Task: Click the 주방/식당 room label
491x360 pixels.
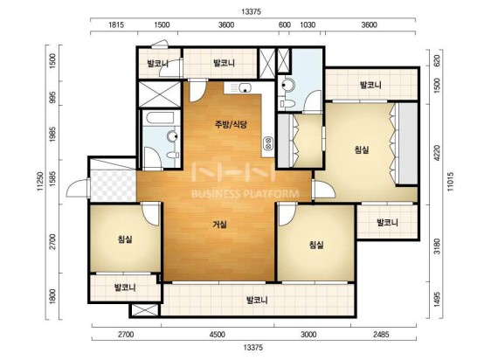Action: [231, 124]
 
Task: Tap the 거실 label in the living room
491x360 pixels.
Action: [219, 225]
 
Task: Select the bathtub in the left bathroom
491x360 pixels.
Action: [160, 118]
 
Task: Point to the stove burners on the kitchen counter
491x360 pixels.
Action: [268, 144]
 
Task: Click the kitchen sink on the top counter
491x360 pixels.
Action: [245, 87]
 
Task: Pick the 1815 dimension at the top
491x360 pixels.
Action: [116, 24]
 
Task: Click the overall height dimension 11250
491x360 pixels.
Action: [40, 182]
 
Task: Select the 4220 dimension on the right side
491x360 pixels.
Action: [437, 153]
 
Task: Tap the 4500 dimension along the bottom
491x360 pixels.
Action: [218, 335]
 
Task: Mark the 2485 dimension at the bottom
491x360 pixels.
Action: [381, 335]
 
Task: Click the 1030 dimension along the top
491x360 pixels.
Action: [308, 24]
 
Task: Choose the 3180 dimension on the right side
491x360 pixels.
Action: [437, 246]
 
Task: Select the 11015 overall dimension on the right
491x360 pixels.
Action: [450, 182]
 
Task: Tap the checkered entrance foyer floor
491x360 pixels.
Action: [113, 185]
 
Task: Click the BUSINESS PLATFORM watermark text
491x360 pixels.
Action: [245, 194]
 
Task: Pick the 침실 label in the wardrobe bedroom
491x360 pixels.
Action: [362, 149]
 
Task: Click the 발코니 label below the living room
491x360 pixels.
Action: [257, 301]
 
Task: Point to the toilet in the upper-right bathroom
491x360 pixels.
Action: [287, 104]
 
